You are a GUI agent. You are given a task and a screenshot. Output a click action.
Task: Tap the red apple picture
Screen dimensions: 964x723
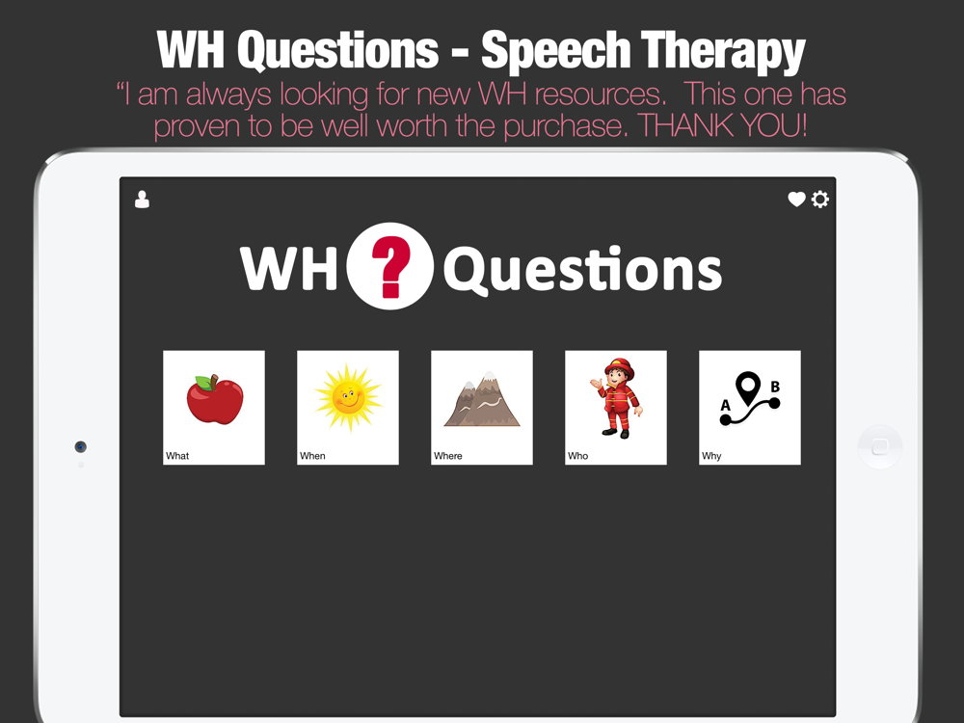[x=215, y=400]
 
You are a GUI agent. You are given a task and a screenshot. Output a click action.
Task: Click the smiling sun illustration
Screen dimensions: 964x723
[x=348, y=398]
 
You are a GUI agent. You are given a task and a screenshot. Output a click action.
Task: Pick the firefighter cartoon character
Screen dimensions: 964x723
[x=617, y=398]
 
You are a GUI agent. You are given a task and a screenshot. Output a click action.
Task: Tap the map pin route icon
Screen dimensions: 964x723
[x=749, y=398]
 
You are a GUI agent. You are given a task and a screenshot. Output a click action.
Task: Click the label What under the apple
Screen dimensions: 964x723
[x=177, y=456]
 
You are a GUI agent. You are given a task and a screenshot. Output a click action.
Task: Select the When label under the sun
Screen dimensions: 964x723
[x=312, y=456]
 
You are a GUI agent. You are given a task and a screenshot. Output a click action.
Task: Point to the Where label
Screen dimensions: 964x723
[x=447, y=456]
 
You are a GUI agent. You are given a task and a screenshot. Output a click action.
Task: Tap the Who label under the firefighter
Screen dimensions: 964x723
[x=577, y=456]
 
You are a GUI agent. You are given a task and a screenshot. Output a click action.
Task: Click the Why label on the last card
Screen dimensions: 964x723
[x=711, y=456]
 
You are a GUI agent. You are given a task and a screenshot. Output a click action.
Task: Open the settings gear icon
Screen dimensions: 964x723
[x=820, y=200]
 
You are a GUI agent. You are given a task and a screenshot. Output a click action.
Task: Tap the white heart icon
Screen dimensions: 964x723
[x=797, y=200]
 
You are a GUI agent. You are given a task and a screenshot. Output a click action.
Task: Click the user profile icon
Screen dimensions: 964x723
[x=142, y=200]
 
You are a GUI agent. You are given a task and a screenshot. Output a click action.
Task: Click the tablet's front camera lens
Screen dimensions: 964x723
[x=81, y=447]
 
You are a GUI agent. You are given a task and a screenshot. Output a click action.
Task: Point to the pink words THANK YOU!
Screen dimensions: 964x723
[x=722, y=125]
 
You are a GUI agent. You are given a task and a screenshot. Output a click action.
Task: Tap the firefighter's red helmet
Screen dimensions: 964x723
[x=619, y=367]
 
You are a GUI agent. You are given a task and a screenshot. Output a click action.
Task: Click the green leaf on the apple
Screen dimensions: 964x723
[x=203, y=383]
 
